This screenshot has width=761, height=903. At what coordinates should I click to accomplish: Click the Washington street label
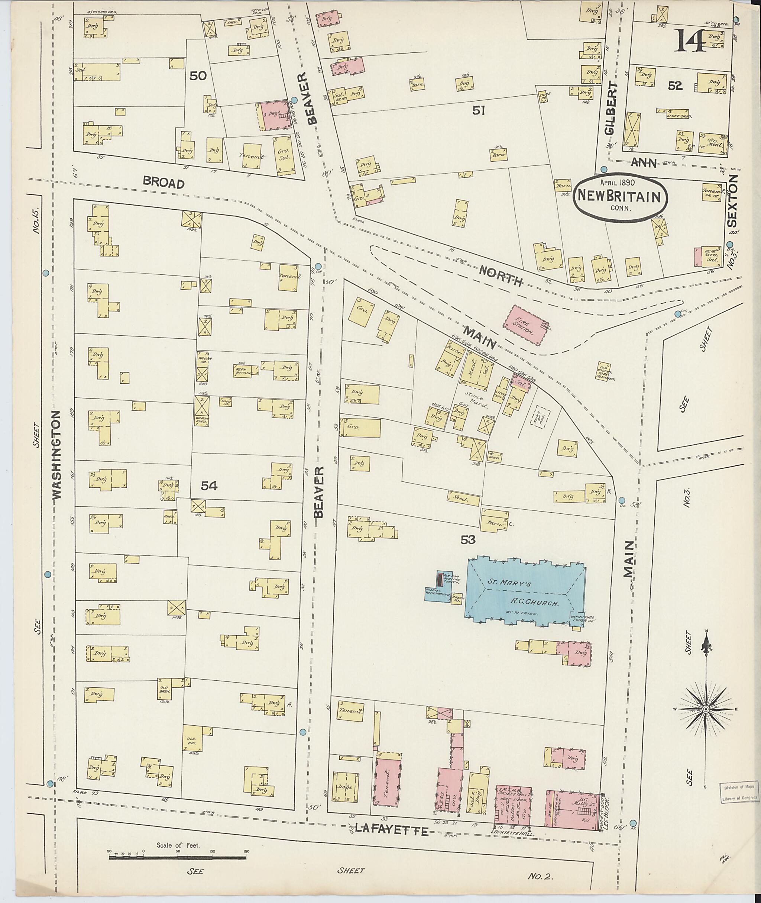(x=57, y=455)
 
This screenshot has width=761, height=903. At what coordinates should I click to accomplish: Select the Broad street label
(x=164, y=183)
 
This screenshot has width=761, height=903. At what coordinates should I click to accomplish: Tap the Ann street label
(x=644, y=163)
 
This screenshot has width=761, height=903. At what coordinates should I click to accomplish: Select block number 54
(x=209, y=486)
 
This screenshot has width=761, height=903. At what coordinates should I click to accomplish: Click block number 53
(x=468, y=539)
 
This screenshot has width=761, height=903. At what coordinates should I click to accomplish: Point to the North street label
(x=501, y=276)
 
